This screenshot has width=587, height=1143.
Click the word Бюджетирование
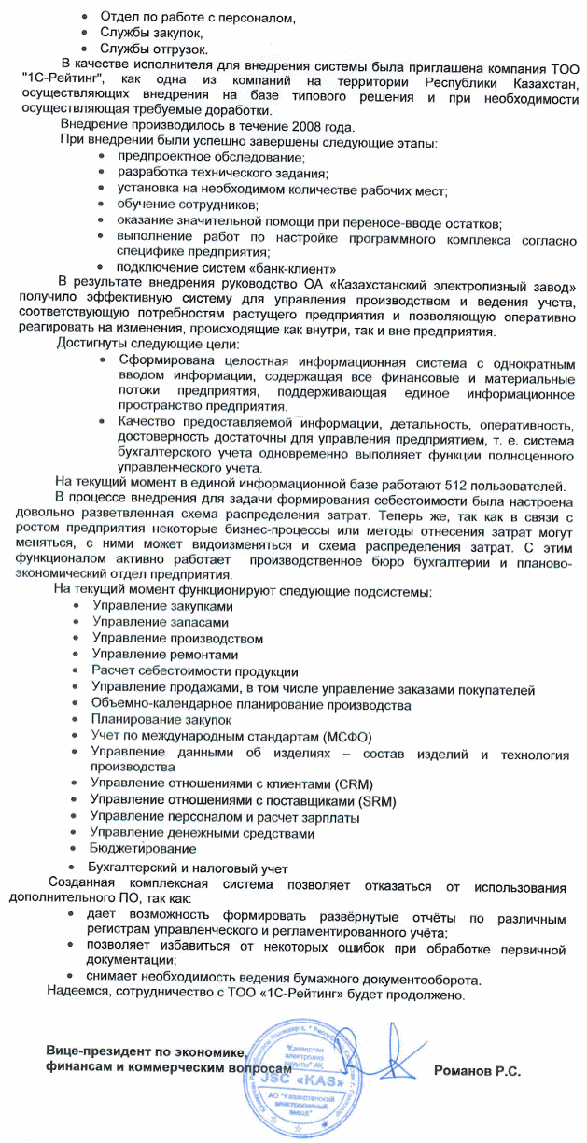point(143,849)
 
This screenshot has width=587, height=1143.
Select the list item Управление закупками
point(161,606)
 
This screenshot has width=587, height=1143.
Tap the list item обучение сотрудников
point(189,204)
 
